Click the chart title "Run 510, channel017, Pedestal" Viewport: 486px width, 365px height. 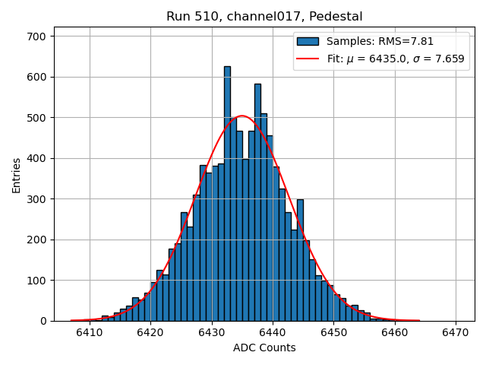click(264, 16)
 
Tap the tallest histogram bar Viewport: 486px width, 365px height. click(227, 190)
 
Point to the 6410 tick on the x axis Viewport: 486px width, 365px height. click(90, 332)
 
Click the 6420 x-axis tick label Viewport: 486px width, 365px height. click(150, 332)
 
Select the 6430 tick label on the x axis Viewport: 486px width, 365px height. click(212, 332)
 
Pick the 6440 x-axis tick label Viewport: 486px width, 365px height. click(273, 332)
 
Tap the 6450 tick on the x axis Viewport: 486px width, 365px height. click(333, 332)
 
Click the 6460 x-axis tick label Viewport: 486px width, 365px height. click(395, 332)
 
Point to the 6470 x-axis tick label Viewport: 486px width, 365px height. click(456, 332)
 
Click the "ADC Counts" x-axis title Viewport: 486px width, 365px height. click(264, 348)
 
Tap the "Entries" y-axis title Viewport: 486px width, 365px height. click(17, 176)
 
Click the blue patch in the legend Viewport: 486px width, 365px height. click(308, 42)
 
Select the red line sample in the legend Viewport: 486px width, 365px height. click(308, 59)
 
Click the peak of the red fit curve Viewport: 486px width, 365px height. click(242, 116)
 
